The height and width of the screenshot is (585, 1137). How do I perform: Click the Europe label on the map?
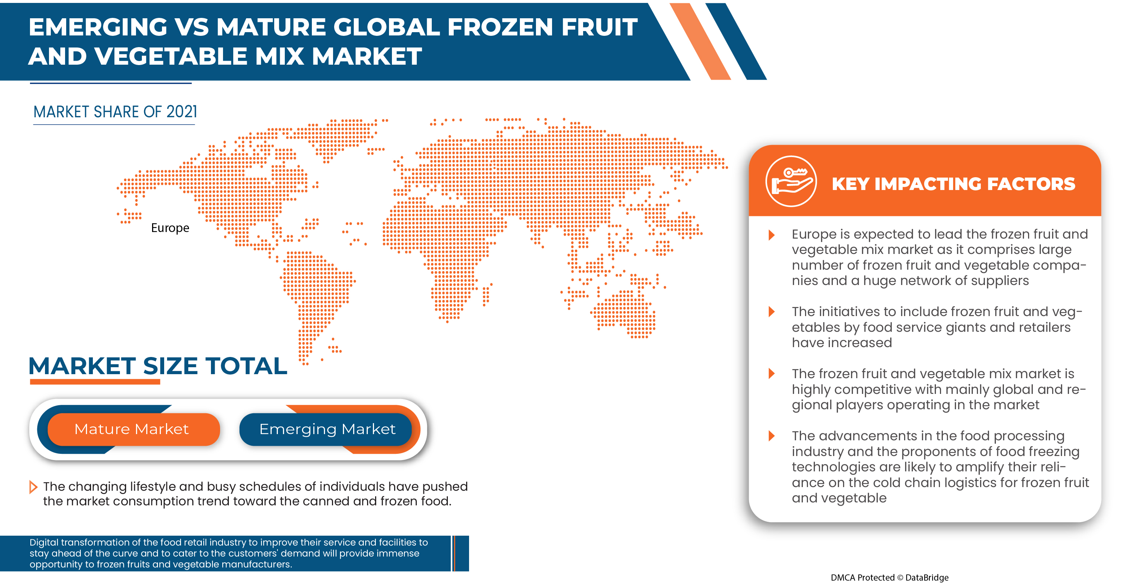[x=170, y=228]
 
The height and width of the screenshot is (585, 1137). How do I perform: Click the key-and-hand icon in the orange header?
[x=791, y=181]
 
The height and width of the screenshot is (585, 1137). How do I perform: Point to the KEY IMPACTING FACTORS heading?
[x=953, y=184]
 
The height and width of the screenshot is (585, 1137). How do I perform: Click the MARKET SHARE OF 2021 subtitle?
[x=115, y=112]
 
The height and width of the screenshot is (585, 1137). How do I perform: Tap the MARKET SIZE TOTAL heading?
[x=158, y=366]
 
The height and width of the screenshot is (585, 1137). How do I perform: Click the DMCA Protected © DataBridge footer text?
[x=889, y=577]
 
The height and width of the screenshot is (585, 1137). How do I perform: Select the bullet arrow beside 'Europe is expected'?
[x=771, y=235]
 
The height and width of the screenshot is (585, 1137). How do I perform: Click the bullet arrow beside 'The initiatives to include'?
[x=771, y=312]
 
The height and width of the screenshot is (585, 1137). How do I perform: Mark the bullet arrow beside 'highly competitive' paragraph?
[x=771, y=374]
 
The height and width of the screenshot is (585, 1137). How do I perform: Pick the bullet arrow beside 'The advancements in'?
[x=771, y=436]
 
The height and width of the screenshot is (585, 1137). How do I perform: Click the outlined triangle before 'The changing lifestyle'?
[x=33, y=487]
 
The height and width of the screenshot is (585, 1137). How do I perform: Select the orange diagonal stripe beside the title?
[x=700, y=41]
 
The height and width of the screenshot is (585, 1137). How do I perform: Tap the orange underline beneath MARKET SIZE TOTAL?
[x=95, y=382]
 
